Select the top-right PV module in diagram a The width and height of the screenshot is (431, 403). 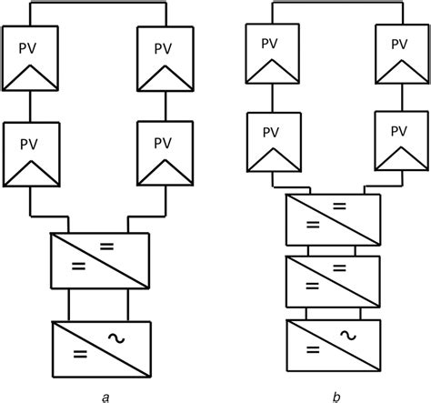click(163, 58)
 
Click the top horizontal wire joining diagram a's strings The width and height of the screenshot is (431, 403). click(98, 5)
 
